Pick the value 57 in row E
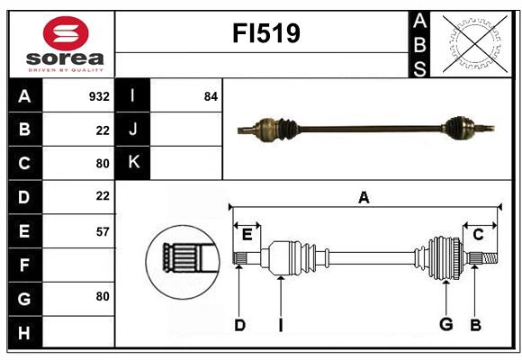pyautogui.click(x=102, y=231)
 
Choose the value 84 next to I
pyautogui.click(x=211, y=96)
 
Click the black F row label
pyautogui.click(x=24, y=265)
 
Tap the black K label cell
pyautogui.click(x=133, y=163)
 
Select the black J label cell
pyautogui.click(x=133, y=130)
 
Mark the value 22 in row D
pyautogui.click(x=102, y=195)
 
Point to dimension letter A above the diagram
pyautogui.click(x=364, y=198)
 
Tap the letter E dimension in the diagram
pyautogui.click(x=247, y=234)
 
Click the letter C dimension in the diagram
pyautogui.click(x=479, y=234)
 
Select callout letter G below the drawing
pyautogui.click(x=445, y=324)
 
